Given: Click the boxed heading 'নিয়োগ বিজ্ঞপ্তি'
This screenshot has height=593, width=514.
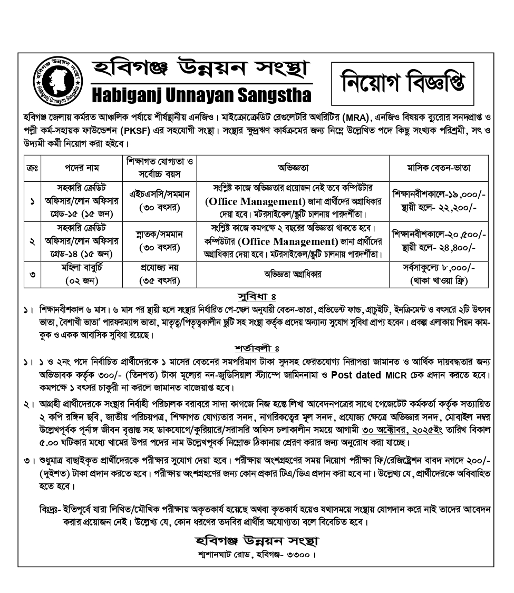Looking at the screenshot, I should tap(402, 83).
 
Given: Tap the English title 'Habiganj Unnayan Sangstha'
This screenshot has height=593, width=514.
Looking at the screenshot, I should tap(201, 95).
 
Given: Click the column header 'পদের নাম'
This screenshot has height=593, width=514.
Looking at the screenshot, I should tap(82, 168).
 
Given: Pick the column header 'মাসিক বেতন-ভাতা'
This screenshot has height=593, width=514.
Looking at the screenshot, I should tap(439, 168).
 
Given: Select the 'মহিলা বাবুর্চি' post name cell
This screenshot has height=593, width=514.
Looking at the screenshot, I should tap(82, 268).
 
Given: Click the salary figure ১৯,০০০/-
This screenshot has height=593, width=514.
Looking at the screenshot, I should tap(462, 194).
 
